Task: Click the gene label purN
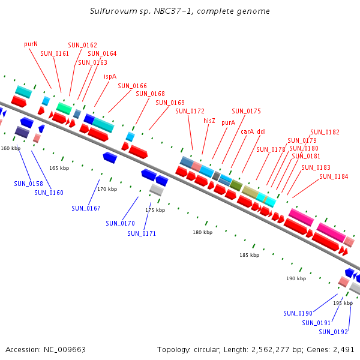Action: pos(31,44)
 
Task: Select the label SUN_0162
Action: pos(82,45)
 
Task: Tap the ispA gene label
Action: pos(110,76)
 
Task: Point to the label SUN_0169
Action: pos(170,103)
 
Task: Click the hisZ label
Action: pos(209,121)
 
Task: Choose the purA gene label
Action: pos(228,122)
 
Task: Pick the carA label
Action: pos(247,131)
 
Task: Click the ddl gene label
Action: pos(262,131)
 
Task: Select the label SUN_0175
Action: pos(246,111)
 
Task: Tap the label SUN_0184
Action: pos(334,176)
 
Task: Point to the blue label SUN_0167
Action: pos(86,208)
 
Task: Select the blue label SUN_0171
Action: pos(142,233)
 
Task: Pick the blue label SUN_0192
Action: pos(333,332)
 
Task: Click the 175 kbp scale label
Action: pos(155,210)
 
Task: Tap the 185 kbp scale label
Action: pos(249,255)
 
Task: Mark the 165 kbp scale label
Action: pos(59,169)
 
